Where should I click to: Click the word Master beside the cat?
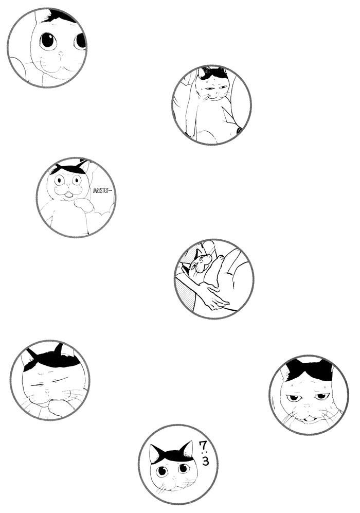[x=102, y=190]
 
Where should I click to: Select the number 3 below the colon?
[x=205, y=461]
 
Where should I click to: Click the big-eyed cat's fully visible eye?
[x=48, y=41]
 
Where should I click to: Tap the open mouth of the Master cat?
[x=68, y=195]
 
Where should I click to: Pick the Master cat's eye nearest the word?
[x=77, y=180]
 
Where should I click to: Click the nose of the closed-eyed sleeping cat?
[x=48, y=391]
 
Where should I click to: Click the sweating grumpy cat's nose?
[x=307, y=406]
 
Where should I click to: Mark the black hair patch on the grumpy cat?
[x=309, y=369]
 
